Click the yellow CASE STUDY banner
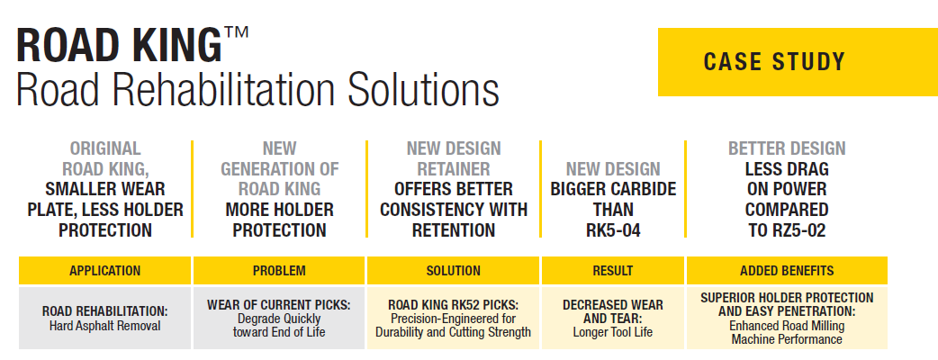tap(798, 61)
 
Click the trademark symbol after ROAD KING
tap(237, 33)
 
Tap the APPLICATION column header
tap(104, 270)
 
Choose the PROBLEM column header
tap(279, 270)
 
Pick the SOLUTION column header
tap(453, 270)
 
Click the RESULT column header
tap(612, 270)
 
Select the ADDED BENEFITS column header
tap(787, 270)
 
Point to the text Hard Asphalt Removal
tap(104, 326)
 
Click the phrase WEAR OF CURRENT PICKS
tap(279, 305)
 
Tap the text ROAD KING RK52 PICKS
tap(453, 305)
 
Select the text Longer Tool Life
tap(612, 331)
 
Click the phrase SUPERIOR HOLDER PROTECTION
tap(787, 297)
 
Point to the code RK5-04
tap(613, 230)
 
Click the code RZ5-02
tap(787, 230)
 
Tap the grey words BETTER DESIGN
tap(787, 148)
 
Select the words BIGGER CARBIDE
tap(613, 189)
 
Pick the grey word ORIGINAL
tap(105, 148)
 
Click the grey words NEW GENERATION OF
tap(279, 158)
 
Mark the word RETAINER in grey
tap(454, 168)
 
